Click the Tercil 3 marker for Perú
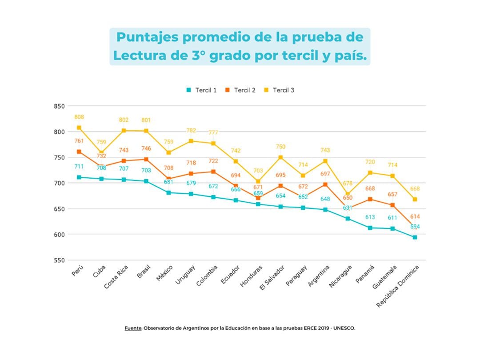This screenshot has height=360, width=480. tap(79, 128)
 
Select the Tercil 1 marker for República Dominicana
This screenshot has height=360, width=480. tap(415, 237)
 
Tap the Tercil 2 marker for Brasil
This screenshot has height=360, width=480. tap(146, 159)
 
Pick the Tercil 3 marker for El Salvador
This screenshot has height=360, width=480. tap(280, 157)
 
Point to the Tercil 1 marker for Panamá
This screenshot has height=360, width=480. tap(370, 228)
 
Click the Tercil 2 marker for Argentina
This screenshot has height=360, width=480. tap(325, 184)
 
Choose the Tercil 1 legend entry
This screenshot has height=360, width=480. tap(201, 90)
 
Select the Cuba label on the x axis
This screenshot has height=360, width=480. tap(100, 271)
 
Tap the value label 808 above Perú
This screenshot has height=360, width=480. tap(79, 117)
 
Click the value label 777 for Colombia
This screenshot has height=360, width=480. tap(213, 132)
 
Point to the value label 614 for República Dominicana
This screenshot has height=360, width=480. tap(415, 216)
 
